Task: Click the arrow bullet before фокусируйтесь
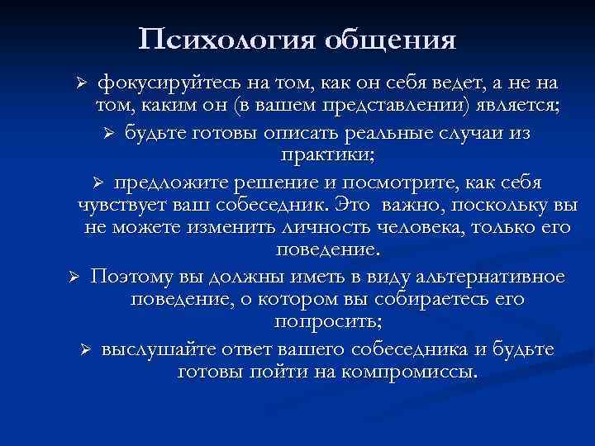pos(80,84)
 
